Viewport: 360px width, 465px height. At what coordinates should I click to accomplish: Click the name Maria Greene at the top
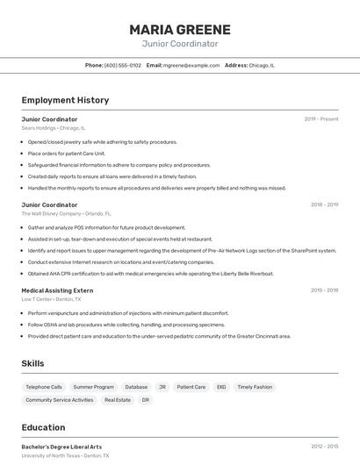(x=180, y=29)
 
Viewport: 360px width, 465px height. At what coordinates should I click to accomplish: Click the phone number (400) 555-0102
(x=122, y=65)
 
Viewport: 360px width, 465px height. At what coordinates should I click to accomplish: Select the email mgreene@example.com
(x=191, y=65)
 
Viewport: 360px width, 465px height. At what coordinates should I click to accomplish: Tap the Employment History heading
(x=65, y=100)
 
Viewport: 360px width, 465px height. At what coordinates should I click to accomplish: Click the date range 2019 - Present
(x=321, y=119)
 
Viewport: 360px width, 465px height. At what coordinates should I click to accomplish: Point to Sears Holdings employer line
(x=53, y=128)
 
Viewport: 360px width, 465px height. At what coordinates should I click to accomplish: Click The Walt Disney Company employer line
(x=66, y=213)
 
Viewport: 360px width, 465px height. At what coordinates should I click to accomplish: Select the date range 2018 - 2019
(x=324, y=204)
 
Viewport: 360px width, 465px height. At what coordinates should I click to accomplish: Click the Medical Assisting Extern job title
(x=57, y=290)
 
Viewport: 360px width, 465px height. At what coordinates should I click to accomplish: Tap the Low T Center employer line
(x=51, y=298)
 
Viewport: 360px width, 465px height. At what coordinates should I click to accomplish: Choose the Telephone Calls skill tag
(x=44, y=387)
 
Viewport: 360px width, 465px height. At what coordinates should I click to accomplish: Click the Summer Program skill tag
(x=93, y=387)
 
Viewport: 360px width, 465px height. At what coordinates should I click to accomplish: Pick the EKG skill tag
(x=221, y=387)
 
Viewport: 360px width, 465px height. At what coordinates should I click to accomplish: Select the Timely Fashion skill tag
(x=255, y=387)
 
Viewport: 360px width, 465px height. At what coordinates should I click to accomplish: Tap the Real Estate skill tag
(x=118, y=400)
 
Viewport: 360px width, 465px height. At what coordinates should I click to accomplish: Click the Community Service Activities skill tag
(x=59, y=400)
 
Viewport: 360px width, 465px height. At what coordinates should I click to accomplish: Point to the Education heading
(x=43, y=428)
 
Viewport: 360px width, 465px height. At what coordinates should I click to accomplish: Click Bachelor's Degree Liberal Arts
(x=61, y=447)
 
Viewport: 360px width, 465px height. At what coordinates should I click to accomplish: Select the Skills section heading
(x=32, y=364)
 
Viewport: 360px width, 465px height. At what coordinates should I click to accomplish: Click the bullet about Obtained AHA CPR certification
(x=150, y=273)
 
